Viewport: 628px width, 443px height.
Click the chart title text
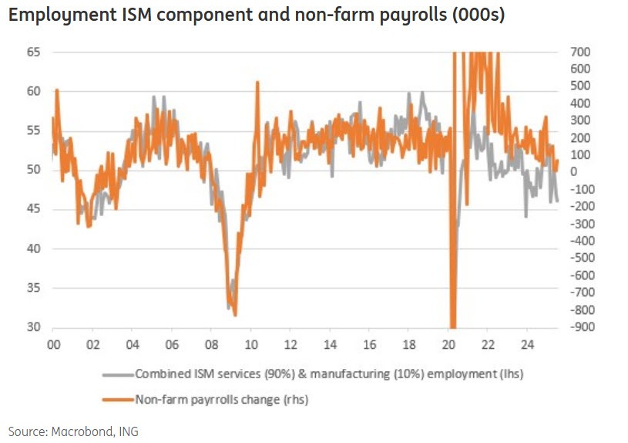coord(257,15)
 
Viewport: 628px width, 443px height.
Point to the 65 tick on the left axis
coord(35,52)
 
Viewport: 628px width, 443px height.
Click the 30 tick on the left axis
coord(35,327)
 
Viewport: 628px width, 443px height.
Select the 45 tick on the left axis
coord(35,209)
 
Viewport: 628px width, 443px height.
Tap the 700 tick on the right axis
coord(579,52)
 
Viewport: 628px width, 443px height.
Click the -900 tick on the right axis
coord(579,327)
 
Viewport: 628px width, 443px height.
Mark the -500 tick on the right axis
coord(579,259)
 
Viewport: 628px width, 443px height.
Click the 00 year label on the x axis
coord(54,343)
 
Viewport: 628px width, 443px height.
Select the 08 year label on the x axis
coord(212,343)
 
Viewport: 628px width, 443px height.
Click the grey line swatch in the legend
coord(117,375)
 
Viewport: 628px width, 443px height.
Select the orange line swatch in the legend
coord(117,399)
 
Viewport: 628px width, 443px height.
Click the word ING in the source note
coord(128,431)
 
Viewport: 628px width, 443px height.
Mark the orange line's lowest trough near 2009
coord(234,313)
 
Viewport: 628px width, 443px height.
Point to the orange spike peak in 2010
coord(257,83)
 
